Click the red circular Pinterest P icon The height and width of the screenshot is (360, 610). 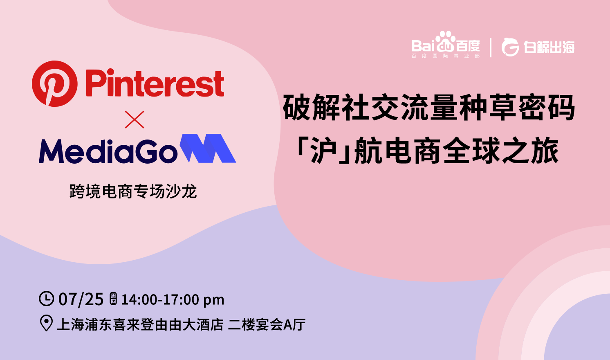[55, 83]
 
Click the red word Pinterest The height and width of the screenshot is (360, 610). [155, 83]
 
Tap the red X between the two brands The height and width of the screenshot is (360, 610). [134, 119]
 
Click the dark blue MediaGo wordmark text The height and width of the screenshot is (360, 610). [108, 151]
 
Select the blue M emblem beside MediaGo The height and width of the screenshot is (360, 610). [208, 148]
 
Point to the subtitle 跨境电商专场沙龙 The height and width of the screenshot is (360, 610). [133, 191]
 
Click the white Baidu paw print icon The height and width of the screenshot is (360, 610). [445, 41]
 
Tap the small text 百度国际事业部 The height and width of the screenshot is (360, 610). [445, 56]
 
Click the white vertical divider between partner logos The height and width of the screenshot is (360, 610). [491, 47]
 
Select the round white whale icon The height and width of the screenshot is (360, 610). [510, 47]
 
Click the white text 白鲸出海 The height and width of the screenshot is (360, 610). [549, 47]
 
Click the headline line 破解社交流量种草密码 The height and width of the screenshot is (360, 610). [429, 108]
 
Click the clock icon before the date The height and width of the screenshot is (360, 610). [46, 299]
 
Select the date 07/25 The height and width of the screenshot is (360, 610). [81, 299]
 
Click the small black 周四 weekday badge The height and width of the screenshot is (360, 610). [113, 299]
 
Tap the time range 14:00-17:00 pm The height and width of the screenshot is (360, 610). [173, 299]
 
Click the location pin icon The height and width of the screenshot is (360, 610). [46, 323]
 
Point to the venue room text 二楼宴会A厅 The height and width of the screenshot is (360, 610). [267, 324]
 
